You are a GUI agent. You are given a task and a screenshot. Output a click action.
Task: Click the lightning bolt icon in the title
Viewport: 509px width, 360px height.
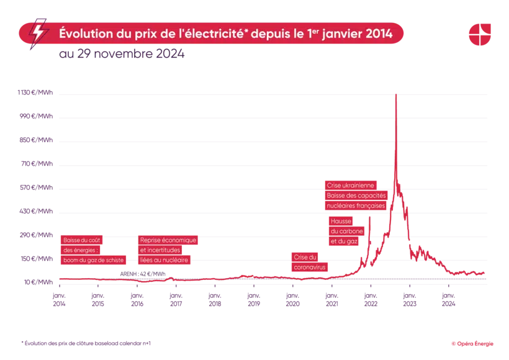pos(39,34)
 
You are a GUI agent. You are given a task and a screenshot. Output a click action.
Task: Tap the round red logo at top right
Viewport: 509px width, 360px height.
pos(479,34)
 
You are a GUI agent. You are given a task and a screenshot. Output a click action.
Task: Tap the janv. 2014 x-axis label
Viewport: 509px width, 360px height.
pos(59,300)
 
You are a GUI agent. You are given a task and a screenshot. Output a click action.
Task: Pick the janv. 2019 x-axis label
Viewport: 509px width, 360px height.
pos(253,300)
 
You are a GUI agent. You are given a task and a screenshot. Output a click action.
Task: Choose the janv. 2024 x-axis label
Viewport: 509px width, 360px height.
pos(448,300)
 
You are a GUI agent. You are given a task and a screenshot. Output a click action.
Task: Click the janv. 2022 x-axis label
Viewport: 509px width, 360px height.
pos(371,300)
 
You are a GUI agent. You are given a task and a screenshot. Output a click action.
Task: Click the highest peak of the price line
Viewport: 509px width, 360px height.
pos(395,95)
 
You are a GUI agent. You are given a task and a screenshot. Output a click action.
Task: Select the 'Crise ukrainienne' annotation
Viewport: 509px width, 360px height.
pos(351,185)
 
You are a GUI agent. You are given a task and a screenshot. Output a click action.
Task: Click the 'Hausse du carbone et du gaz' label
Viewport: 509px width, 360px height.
pos(344,231)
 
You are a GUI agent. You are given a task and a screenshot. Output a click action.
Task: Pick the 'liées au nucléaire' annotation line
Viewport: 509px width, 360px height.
pos(164,260)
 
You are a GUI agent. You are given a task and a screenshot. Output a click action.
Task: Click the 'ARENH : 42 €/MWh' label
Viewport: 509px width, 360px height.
pos(142,274)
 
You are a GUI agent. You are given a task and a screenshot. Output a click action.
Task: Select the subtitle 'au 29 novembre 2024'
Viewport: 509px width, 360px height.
pos(122,54)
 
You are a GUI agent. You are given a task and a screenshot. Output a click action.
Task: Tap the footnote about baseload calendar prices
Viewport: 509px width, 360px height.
pos(86,343)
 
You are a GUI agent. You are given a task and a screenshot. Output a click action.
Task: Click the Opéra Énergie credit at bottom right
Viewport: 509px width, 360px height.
pos(472,343)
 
